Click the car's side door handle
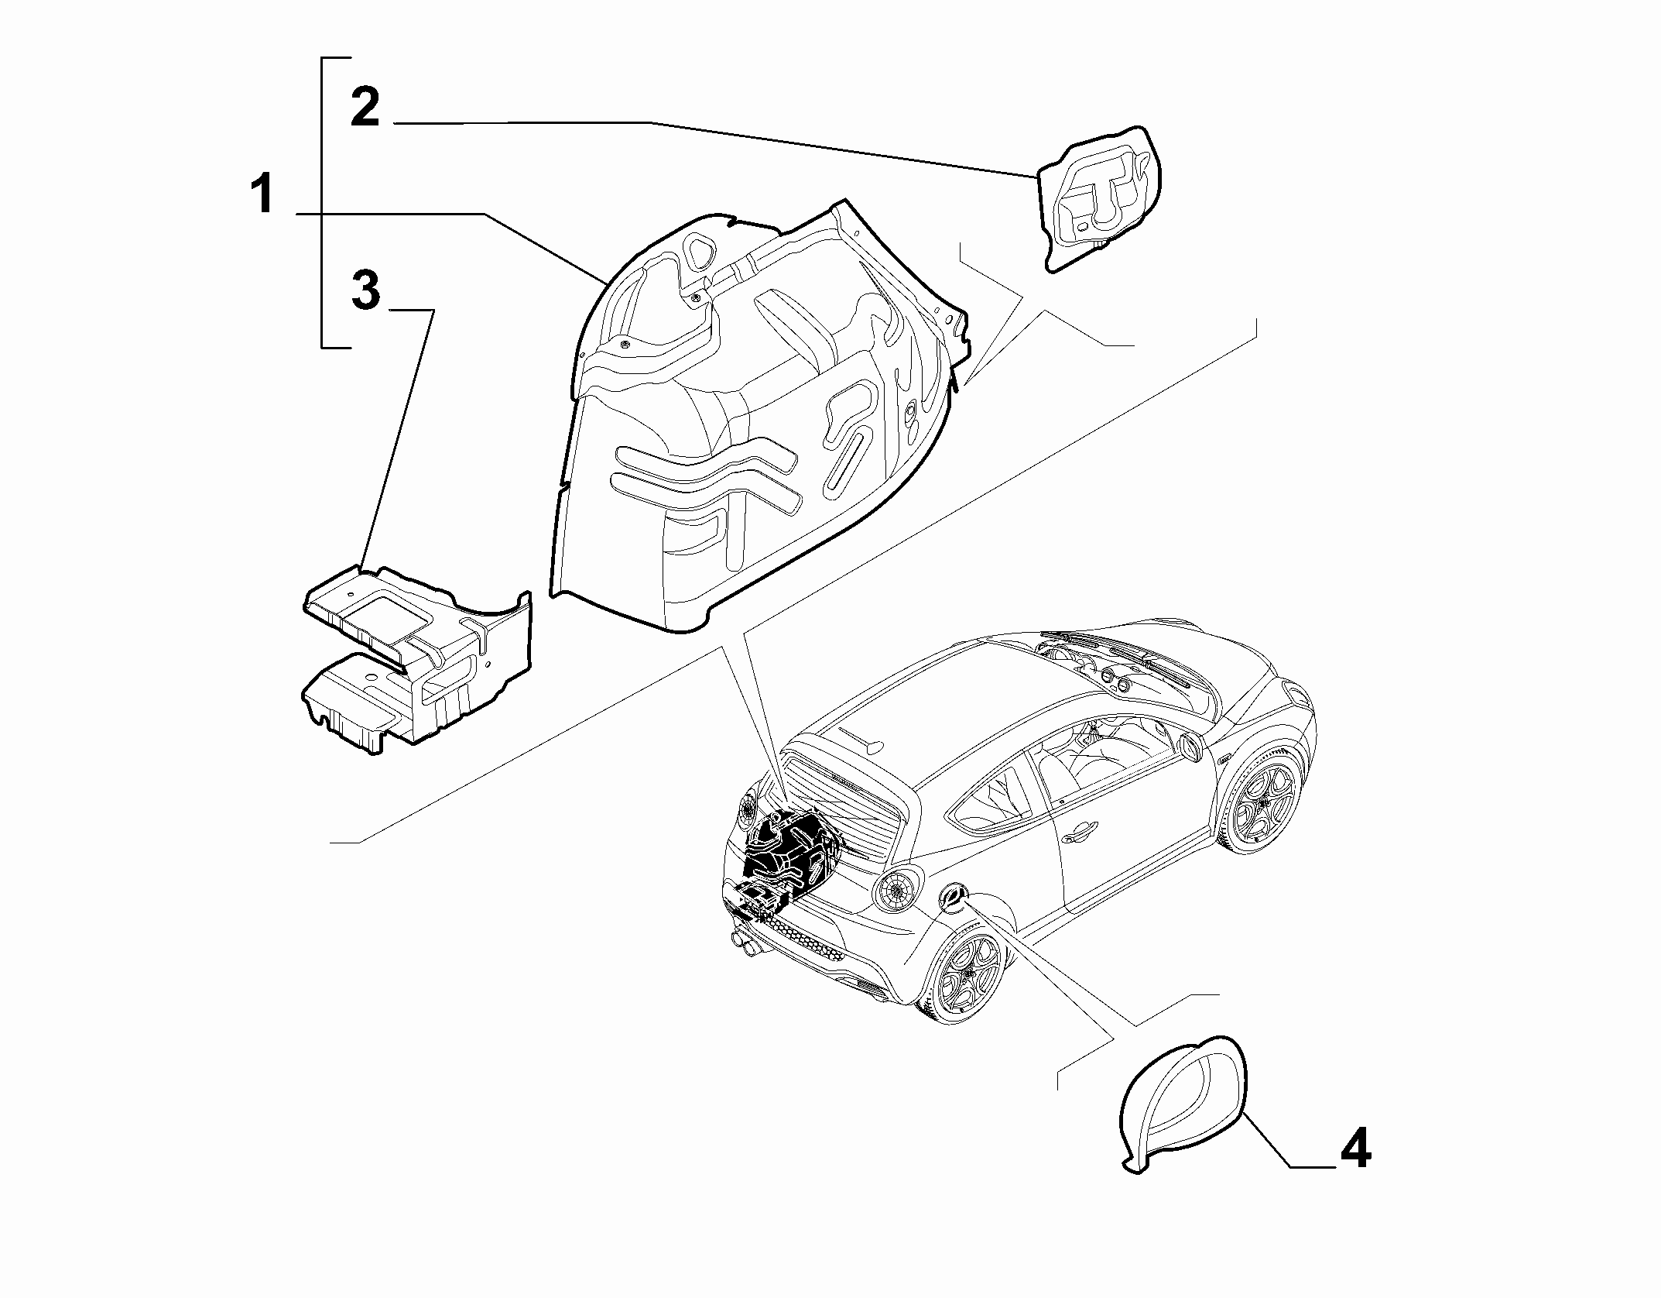[x=1078, y=836]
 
